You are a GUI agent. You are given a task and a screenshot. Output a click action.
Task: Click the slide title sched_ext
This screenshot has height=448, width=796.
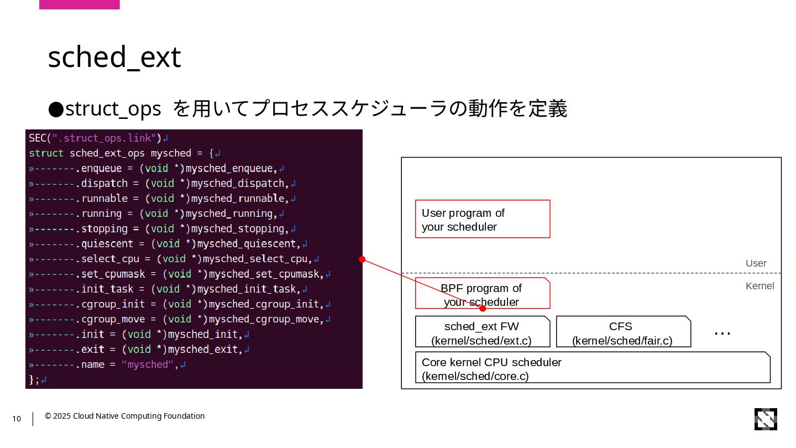114,58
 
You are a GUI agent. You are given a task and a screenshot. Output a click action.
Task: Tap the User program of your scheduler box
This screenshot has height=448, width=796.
482,219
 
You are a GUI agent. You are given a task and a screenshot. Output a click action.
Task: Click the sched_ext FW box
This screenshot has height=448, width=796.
482,332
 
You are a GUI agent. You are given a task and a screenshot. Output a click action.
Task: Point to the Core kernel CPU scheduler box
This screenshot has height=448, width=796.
592,367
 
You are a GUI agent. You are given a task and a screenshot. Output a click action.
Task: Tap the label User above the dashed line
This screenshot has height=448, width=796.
756,263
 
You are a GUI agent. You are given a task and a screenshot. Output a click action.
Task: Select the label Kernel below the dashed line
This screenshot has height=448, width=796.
760,286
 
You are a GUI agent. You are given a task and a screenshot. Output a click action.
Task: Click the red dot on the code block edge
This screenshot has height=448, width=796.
362,259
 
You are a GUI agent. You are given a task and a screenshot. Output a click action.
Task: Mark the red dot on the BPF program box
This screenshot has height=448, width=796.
483,308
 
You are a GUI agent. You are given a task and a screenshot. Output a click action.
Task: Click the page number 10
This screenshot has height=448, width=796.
17,419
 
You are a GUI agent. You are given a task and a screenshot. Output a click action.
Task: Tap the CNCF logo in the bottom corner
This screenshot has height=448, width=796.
766,419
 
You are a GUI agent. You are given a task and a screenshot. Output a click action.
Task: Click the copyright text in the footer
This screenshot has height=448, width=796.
125,416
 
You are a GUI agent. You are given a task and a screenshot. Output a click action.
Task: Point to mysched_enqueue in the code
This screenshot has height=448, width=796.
230,168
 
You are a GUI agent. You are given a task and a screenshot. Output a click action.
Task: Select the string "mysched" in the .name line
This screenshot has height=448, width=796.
148,364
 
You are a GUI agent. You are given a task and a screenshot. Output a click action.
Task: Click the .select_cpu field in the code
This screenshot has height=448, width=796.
108,259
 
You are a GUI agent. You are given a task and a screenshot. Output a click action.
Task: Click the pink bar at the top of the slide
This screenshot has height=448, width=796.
80,4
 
